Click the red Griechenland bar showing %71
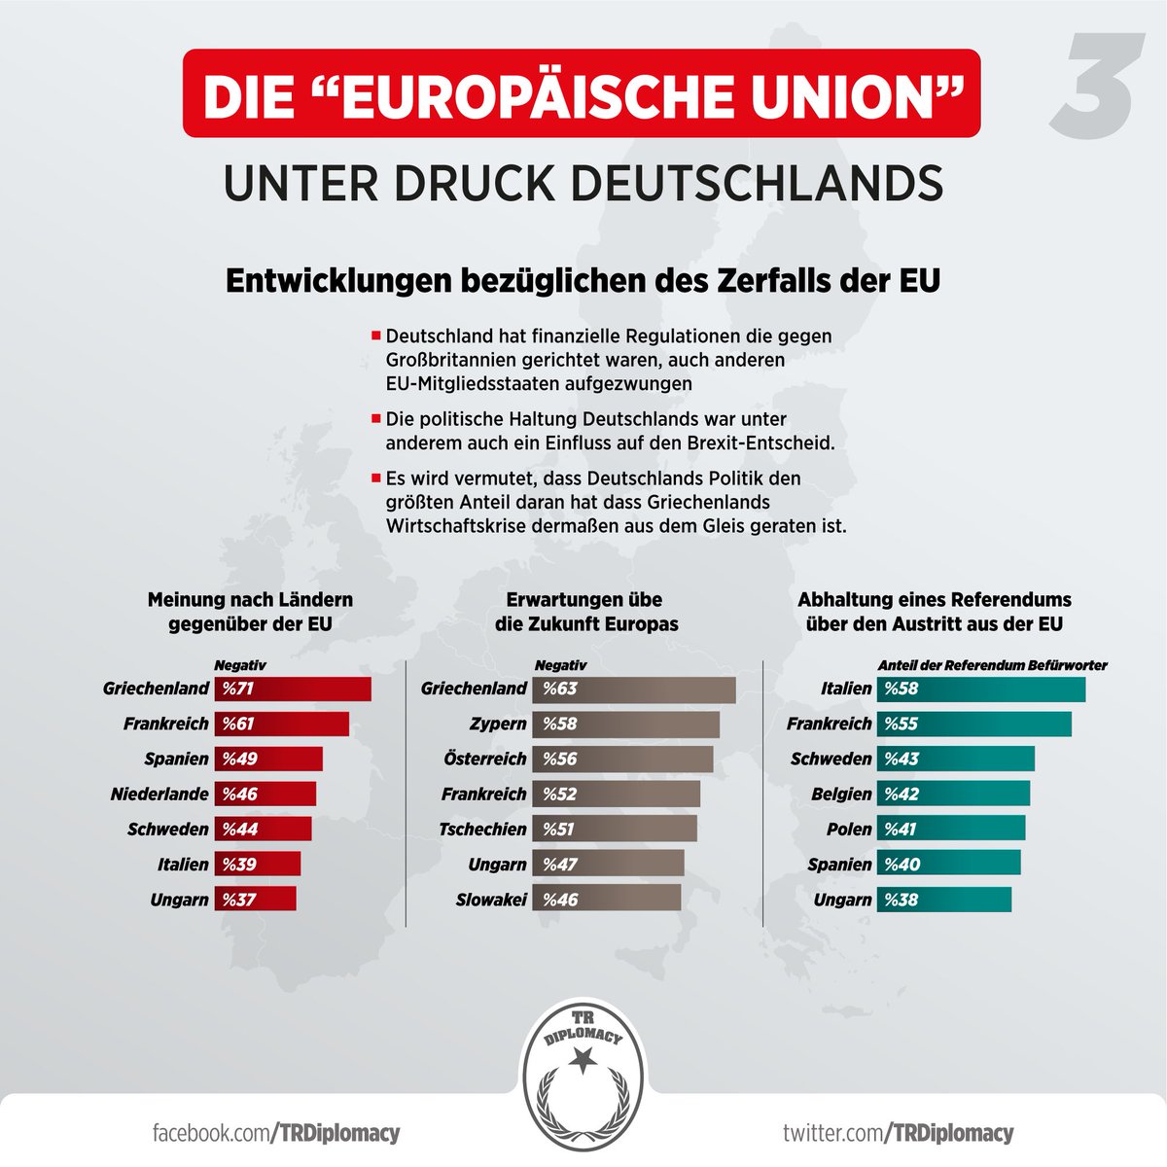pyautogui.click(x=293, y=689)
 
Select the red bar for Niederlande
pyautogui.click(x=265, y=794)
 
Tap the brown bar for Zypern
pyautogui.click(x=625, y=724)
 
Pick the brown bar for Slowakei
pyautogui.click(x=606, y=900)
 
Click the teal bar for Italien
pyautogui.click(x=981, y=690)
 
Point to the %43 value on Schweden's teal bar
pyautogui.click(x=902, y=759)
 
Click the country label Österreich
pyautogui.click(x=484, y=759)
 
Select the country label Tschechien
pyautogui.click(x=482, y=829)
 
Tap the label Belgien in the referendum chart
pyautogui.click(x=842, y=794)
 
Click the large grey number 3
pyautogui.click(x=1095, y=86)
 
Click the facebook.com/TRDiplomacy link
pyautogui.click(x=276, y=1133)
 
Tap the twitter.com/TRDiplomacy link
pyautogui.click(x=899, y=1133)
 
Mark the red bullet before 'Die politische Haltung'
pyautogui.click(x=375, y=418)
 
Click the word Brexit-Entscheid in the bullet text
pyautogui.click(x=761, y=442)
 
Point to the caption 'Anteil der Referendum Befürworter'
pyautogui.click(x=993, y=665)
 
